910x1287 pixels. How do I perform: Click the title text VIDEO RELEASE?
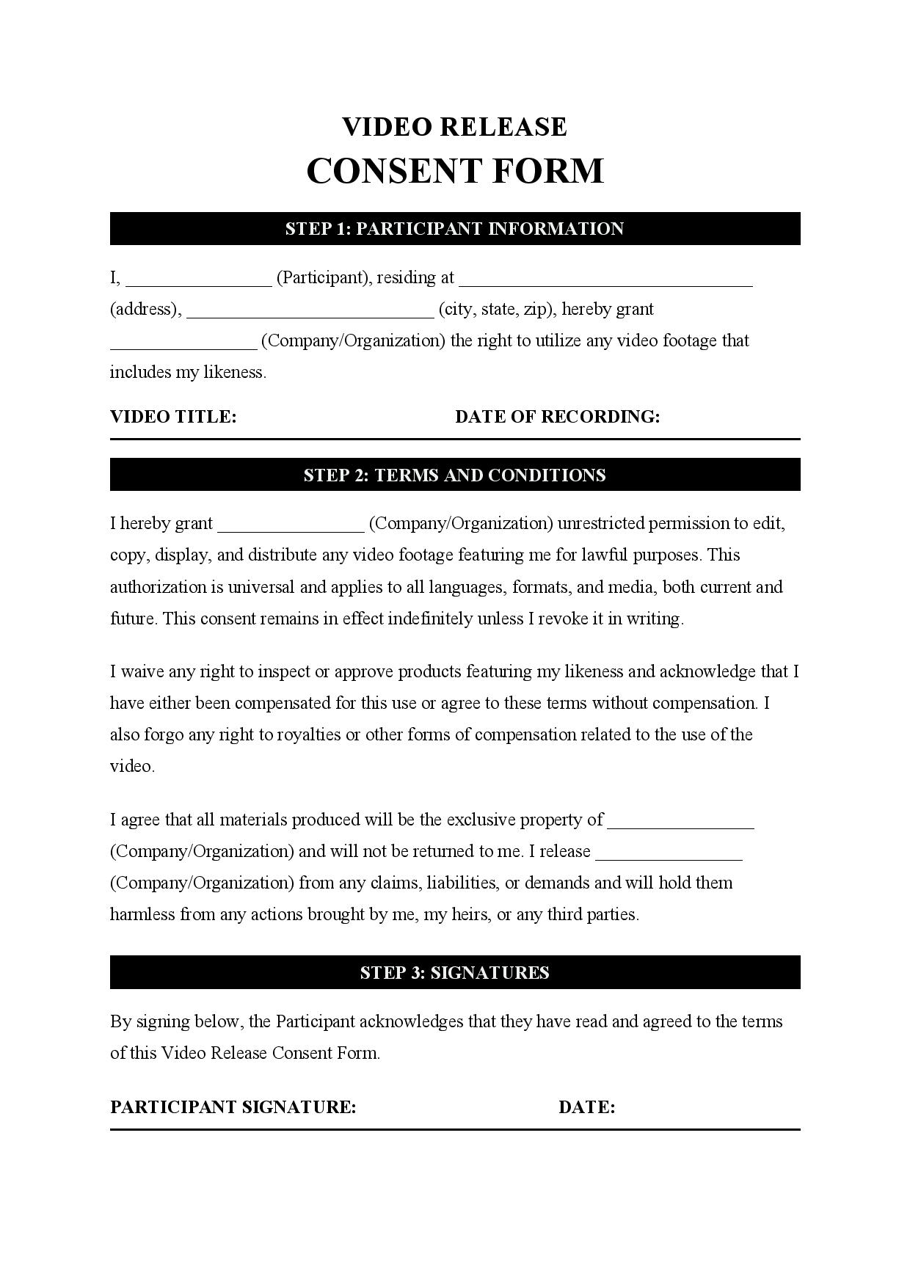coord(454,127)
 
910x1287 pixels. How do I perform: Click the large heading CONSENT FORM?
coord(454,171)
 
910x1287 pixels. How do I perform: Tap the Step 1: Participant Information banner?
coord(454,229)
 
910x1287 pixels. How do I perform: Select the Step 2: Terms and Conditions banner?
coord(454,475)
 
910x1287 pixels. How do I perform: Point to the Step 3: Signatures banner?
coord(454,973)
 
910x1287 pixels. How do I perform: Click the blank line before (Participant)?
coord(198,282)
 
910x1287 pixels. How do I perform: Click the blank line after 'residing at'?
coord(605,282)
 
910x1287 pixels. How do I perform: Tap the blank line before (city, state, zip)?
coord(310,313)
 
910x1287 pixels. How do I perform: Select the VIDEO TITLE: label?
coord(173,417)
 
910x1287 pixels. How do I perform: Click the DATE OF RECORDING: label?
coord(557,417)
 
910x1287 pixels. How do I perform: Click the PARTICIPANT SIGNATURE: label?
coord(233,1107)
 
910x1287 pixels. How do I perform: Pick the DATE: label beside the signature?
coord(586,1107)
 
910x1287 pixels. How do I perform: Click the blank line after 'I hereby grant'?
coord(291,528)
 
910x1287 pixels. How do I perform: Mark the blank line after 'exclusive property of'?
coord(681,824)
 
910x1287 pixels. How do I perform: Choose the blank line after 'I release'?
coord(669,856)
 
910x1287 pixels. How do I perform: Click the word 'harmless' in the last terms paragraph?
coord(142,914)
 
